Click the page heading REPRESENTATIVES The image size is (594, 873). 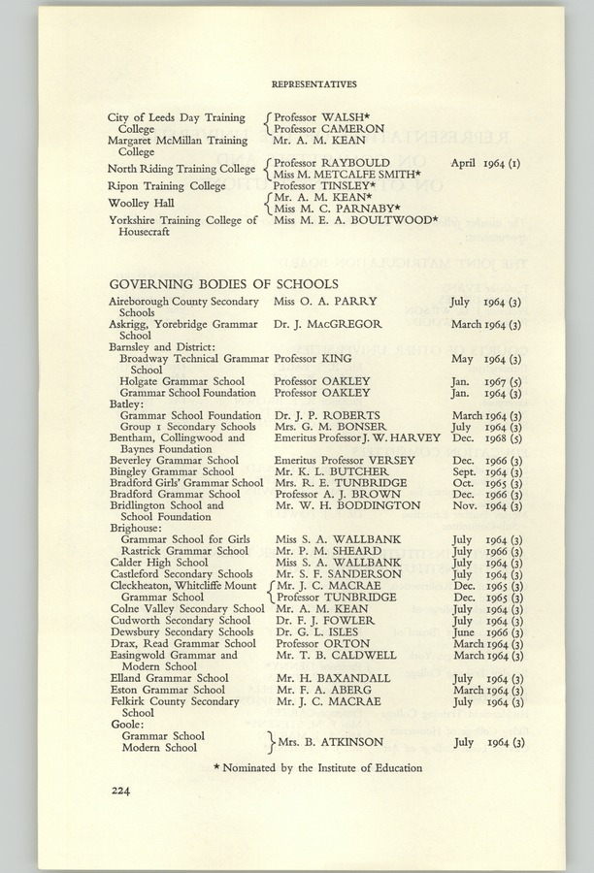pyautogui.click(x=313, y=84)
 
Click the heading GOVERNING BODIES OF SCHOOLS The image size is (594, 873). pyautogui.click(x=223, y=284)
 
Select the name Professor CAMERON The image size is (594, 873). pyautogui.click(x=329, y=128)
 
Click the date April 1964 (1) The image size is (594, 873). pyautogui.click(x=485, y=163)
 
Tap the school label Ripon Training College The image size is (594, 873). pyautogui.click(x=167, y=185)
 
